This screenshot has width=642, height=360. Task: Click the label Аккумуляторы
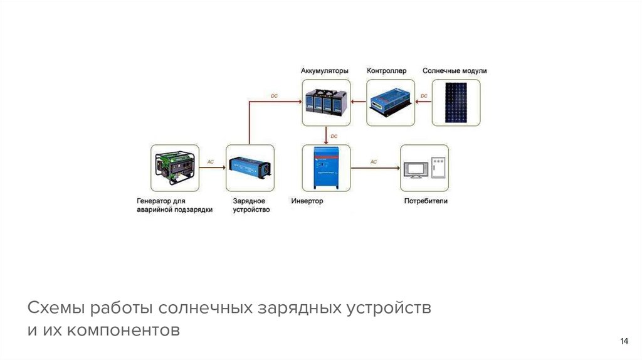pyautogui.click(x=324, y=71)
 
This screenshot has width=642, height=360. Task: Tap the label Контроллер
pyautogui.click(x=386, y=71)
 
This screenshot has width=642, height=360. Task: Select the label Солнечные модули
pyautogui.click(x=455, y=71)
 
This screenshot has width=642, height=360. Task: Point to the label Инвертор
pyautogui.click(x=307, y=201)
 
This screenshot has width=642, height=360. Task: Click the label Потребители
pyautogui.click(x=426, y=201)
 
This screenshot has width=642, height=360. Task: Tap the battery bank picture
pyautogui.click(x=325, y=102)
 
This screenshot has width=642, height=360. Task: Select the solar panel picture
pyautogui.click(x=456, y=102)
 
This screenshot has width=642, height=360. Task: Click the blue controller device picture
pyautogui.click(x=390, y=102)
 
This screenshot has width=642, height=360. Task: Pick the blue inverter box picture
pyautogui.click(x=325, y=167)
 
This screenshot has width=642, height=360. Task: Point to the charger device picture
pyautogui.click(x=250, y=167)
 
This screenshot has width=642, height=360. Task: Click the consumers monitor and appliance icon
pyautogui.click(x=425, y=167)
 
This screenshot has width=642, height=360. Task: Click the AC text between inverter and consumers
pyautogui.click(x=374, y=162)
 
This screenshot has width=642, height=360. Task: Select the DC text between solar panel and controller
pyautogui.click(x=424, y=96)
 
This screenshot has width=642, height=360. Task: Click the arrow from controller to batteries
pyautogui.click(x=359, y=102)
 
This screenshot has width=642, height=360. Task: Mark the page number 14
pyautogui.click(x=624, y=341)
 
